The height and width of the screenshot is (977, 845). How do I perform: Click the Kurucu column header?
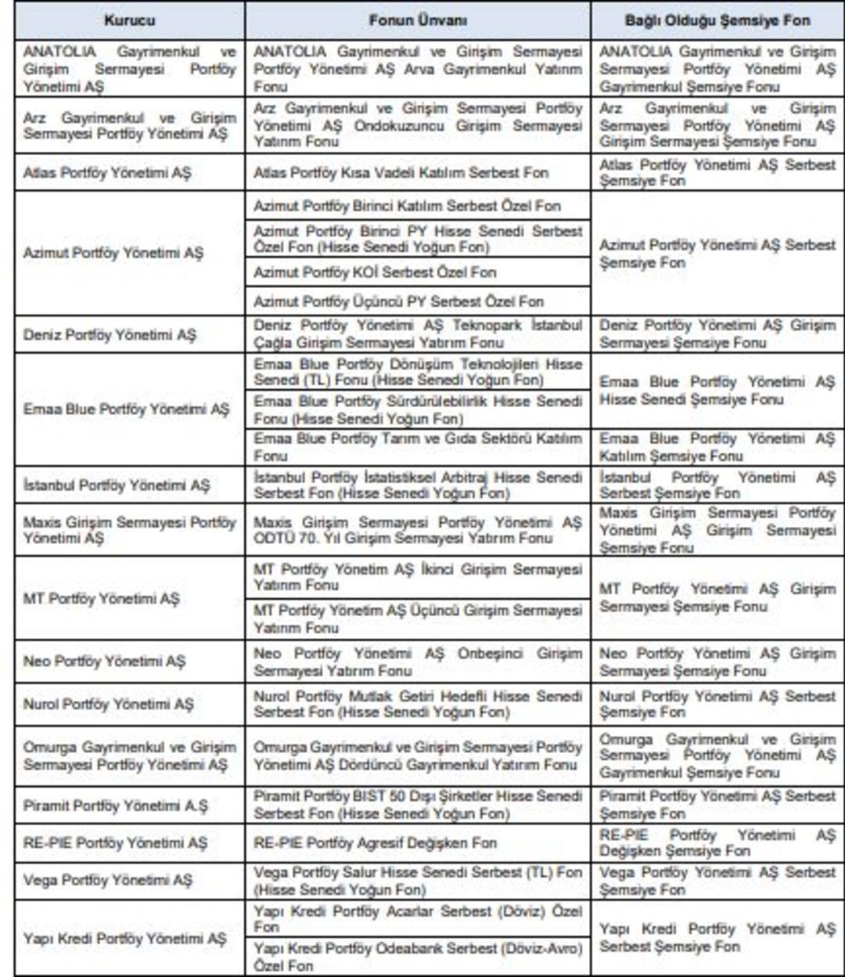129,20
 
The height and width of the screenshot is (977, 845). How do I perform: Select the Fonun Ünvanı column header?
417,20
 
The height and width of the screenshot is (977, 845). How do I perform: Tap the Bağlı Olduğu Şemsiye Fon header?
717,20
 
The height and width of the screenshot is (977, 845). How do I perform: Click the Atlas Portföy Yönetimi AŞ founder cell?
107,173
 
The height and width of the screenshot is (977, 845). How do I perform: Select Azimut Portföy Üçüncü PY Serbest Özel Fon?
398,301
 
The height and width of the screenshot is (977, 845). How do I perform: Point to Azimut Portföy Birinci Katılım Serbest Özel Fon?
407,207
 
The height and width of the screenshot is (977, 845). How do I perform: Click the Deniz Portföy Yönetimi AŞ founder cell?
110,335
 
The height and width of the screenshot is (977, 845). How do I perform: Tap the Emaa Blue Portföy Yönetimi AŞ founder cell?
127,409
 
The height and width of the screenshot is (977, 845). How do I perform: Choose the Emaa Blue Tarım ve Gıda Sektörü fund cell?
417,447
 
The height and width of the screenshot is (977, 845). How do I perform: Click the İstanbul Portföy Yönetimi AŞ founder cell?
117,485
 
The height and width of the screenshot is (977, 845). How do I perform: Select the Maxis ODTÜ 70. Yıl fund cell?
417,530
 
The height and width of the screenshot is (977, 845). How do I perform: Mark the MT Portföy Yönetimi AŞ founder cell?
102,599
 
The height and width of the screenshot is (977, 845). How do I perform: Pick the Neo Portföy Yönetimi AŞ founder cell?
105,662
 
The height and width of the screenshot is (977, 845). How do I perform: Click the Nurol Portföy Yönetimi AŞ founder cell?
108,705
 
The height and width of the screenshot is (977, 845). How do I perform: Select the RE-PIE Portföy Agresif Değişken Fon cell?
375,843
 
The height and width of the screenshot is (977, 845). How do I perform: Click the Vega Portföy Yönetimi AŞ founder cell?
108,881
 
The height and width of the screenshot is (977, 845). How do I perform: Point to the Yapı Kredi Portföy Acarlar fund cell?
417,919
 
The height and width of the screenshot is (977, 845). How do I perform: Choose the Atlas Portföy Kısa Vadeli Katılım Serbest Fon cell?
401,173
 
